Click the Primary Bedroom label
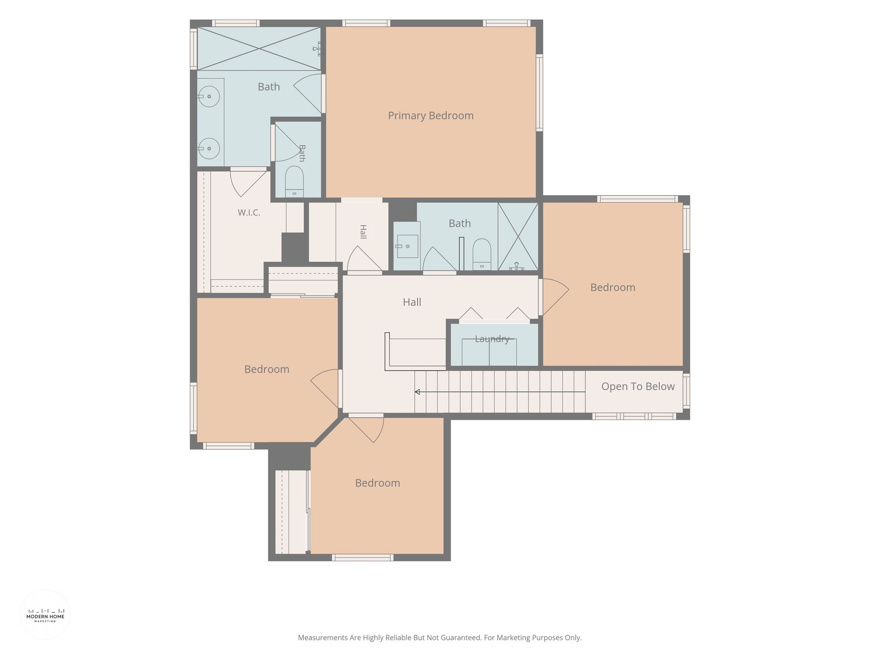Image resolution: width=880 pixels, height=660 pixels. click(431, 116)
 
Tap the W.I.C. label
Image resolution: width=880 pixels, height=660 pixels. click(249, 213)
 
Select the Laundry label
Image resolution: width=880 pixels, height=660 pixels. click(492, 339)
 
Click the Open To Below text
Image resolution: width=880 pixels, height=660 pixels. click(638, 386)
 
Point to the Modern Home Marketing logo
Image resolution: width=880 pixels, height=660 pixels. click(45, 615)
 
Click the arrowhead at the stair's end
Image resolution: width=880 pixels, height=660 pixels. click(417, 392)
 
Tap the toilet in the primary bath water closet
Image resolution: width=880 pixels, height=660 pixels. click(294, 181)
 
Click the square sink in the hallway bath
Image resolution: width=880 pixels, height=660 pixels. click(407, 246)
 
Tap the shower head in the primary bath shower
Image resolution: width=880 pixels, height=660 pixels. click(317, 49)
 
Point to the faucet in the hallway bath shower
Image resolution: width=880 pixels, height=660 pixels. click(516, 266)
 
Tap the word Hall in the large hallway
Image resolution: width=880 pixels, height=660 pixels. click(412, 302)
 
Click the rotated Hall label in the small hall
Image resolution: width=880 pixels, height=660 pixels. click(363, 232)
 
